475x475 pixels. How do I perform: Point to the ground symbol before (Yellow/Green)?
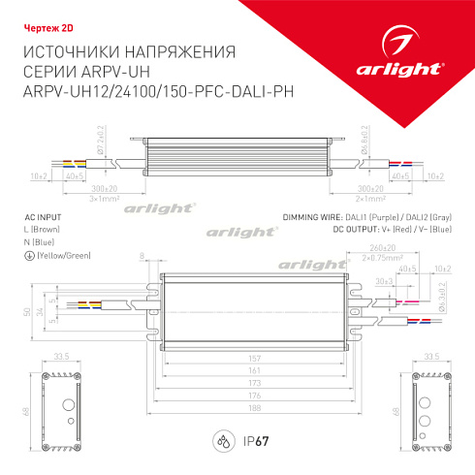(25, 254)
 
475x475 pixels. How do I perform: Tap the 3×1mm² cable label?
(104, 198)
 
